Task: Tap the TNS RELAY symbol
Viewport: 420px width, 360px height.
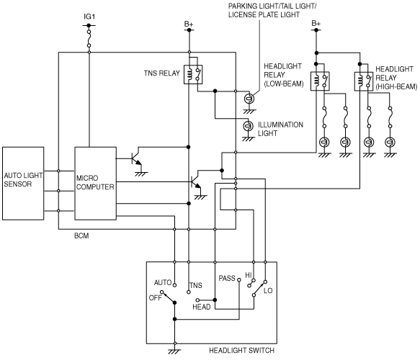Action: [x=193, y=74]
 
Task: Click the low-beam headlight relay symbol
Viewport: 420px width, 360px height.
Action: [x=320, y=81]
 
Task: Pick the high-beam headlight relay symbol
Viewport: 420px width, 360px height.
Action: [x=364, y=81]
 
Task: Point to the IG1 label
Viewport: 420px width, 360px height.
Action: [x=89, y=17]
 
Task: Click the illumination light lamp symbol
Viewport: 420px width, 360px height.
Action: [x=248, y=125]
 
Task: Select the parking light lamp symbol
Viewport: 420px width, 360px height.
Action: [x=249, y=99]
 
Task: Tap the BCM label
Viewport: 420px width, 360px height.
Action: [x=81, y=236]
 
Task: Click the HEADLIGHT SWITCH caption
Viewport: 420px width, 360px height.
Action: [x=241, y=351]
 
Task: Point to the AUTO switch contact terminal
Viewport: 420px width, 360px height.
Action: [x=174, y=285]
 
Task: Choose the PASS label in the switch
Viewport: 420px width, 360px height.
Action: [x=227, y=279]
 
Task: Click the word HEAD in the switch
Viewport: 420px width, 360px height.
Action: [x=202, y=307]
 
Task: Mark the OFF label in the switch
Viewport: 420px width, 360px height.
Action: [x=156, y=298]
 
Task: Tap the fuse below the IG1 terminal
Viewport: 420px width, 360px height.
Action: [x=89, y=39]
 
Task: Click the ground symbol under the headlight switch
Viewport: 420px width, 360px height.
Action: [x=174, y=351]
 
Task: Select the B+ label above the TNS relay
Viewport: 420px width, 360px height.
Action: [x=189, y=24]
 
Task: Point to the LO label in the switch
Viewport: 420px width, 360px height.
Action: [x=268, y=291]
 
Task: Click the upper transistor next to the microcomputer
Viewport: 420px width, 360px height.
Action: [x=137, y=159]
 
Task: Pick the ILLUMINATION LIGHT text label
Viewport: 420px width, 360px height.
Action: [x=280, y=129]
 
